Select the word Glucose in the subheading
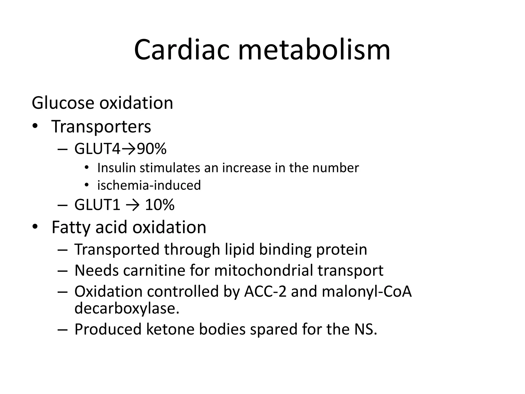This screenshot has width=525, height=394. point(63,103)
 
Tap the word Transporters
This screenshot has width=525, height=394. point(101,127)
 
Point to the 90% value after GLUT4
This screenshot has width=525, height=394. point(152,149)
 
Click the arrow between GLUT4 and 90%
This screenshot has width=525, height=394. point(128,149)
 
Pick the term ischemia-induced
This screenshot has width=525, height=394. point(149,185)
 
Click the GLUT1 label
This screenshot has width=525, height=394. point(97,205)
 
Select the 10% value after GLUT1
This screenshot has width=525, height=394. point(160,205)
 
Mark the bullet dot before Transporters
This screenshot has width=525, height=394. point(35,126)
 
